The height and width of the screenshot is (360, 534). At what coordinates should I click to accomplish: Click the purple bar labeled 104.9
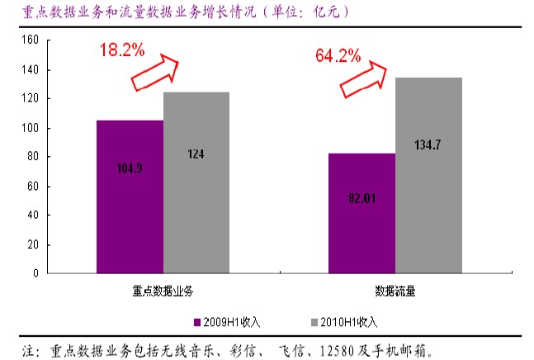(130, 197)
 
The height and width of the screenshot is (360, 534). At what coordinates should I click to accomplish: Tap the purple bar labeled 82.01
(362, 213)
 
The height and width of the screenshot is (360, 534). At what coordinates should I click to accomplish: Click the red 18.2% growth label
(121, 50)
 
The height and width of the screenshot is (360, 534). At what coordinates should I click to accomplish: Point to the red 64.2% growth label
(338, 56)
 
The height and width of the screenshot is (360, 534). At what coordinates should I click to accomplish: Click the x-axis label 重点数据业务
(163, 291)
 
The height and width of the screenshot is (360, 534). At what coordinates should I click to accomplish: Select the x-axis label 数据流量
(395, 291)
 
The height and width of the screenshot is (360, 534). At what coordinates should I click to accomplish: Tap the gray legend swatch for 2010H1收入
(314, 321)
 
